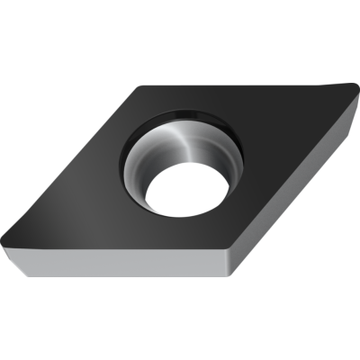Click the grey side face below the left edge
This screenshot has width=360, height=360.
108,266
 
